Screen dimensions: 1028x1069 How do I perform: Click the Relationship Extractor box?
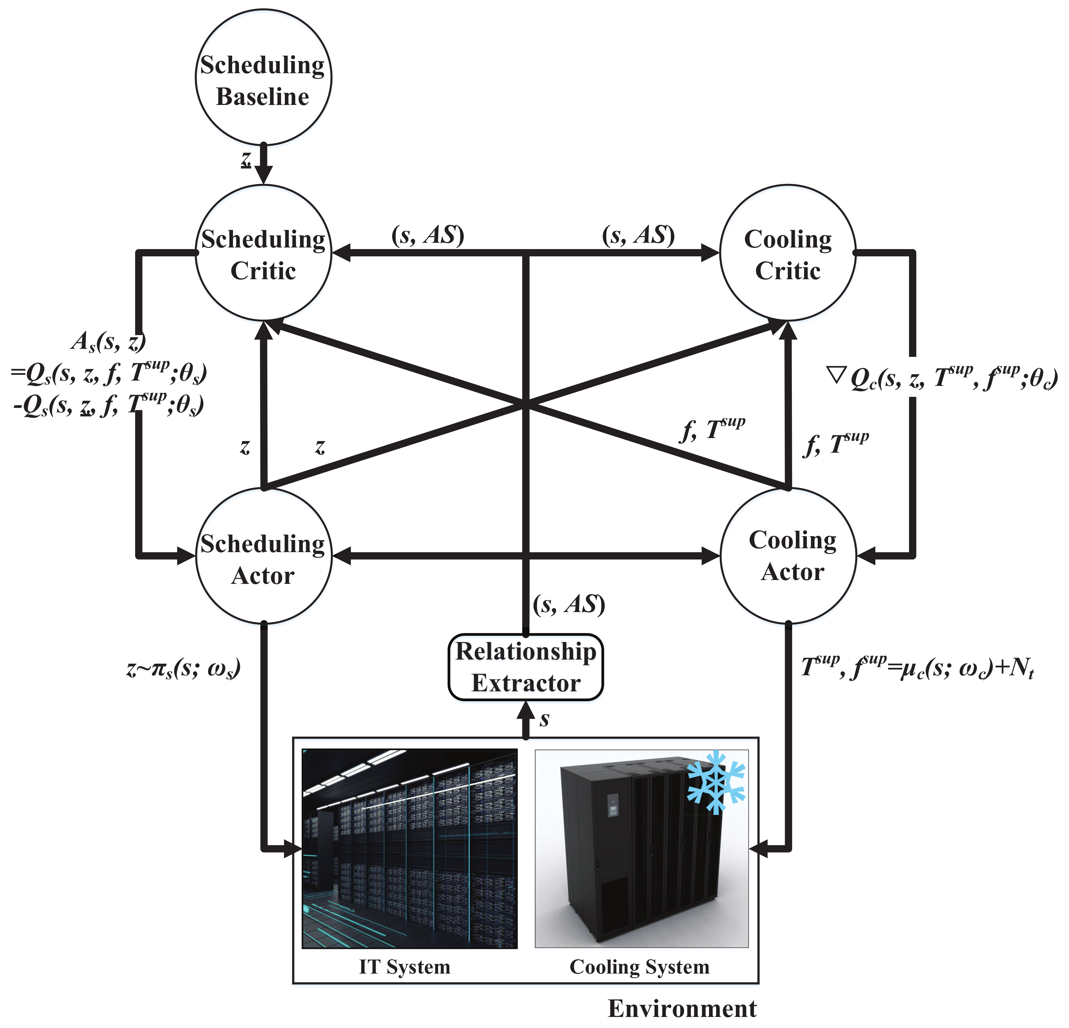pyautogui.click(x=526, y=667)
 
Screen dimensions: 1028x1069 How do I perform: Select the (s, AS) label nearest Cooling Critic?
pyautogui.click(x=638, y=235)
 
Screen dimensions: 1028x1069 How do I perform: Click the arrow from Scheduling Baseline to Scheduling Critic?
pyautogui.click(x=264, y=164)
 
